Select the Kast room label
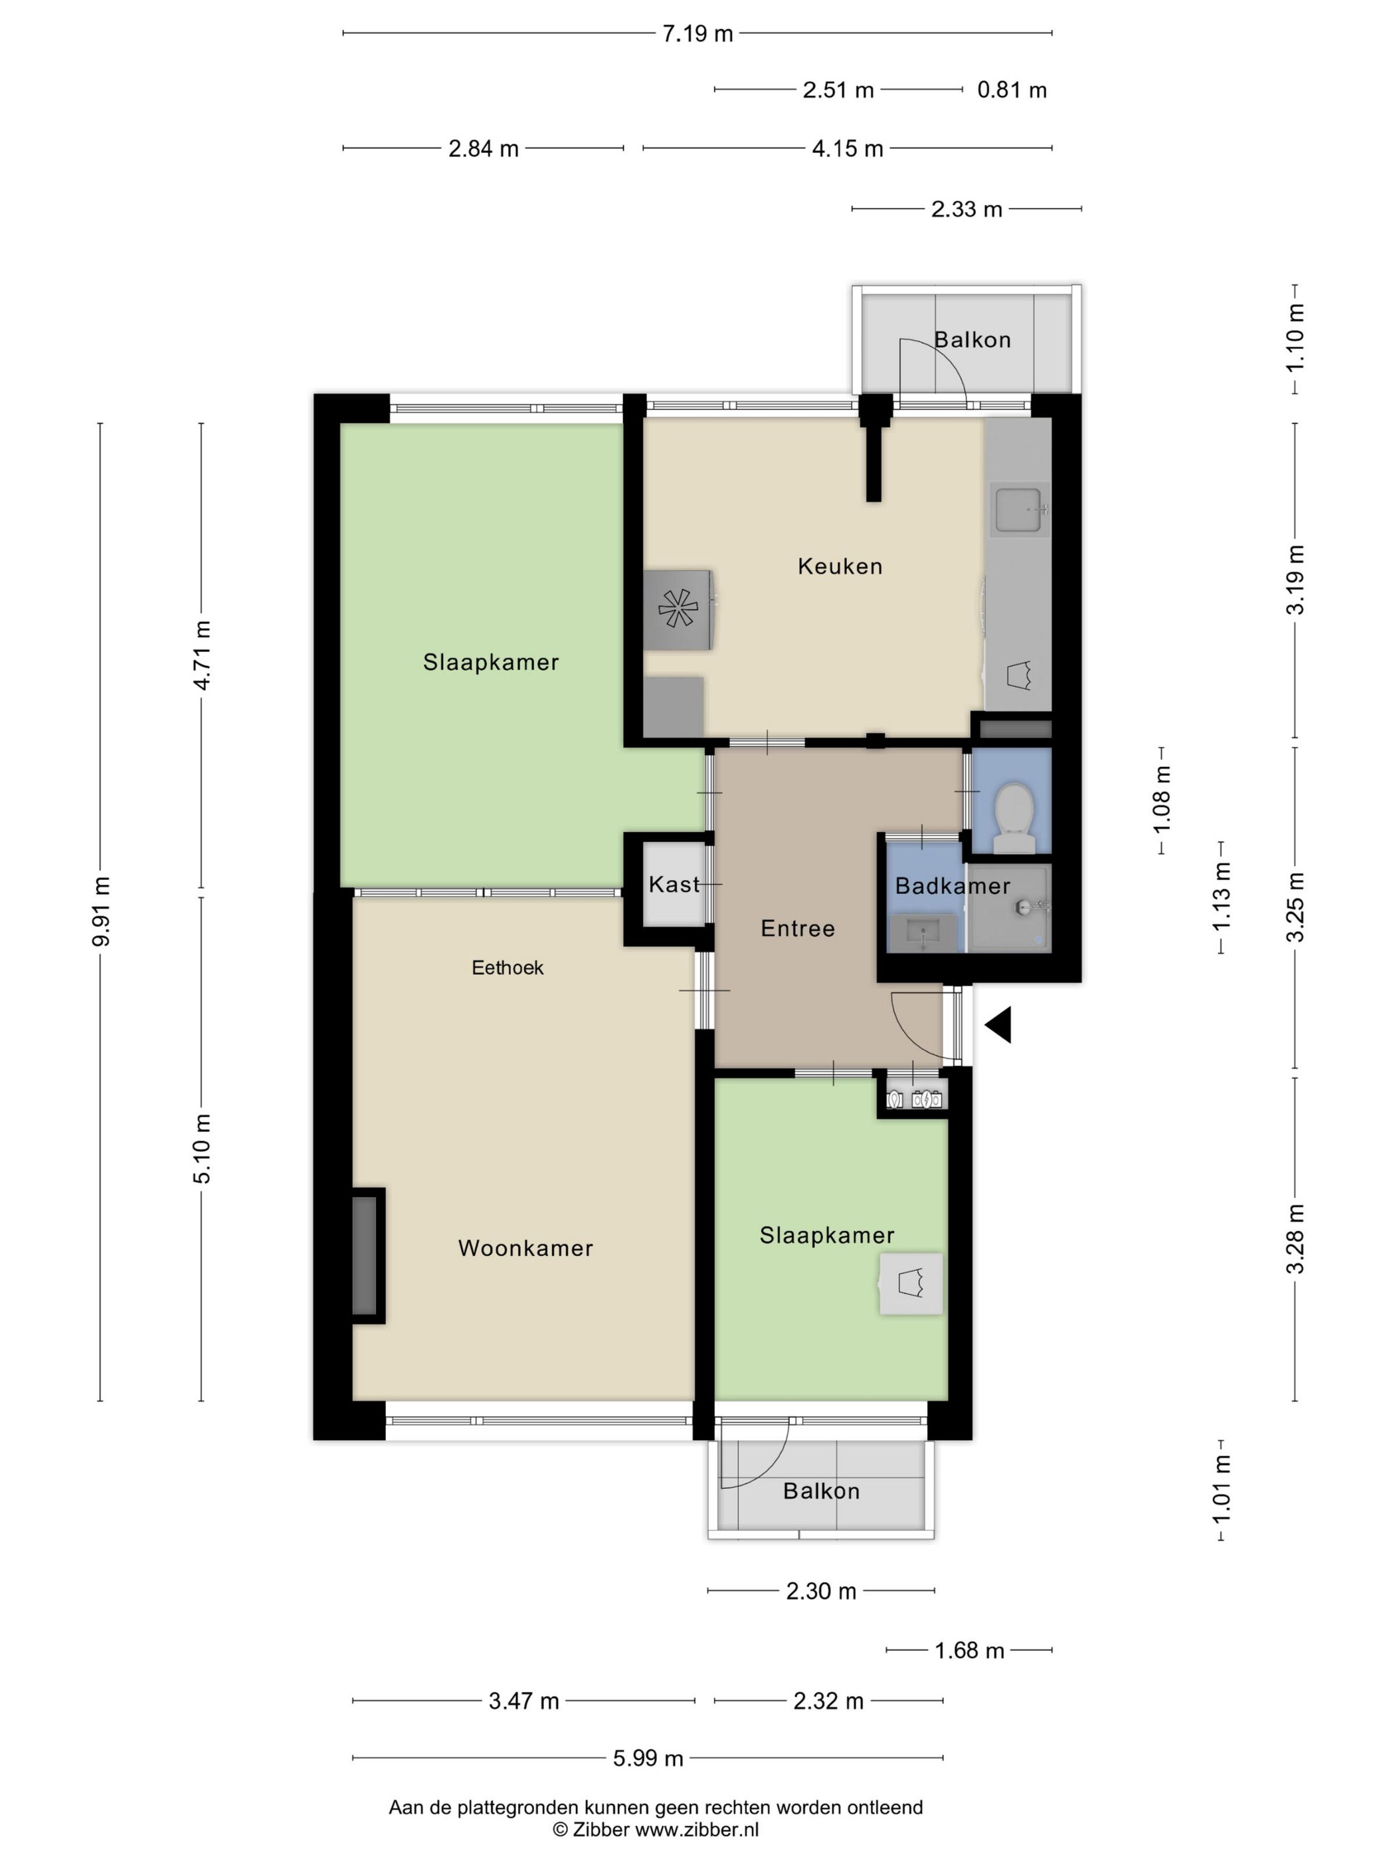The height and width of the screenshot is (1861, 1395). click(674, 884)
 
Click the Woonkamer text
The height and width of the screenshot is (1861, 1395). click(525, 1248)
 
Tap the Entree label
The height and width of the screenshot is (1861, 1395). click(798, 928)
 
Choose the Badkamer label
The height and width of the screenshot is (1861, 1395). click(953, 885)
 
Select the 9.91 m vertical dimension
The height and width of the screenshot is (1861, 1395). click(101, 911)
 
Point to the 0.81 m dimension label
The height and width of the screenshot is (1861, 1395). click(1012, 90)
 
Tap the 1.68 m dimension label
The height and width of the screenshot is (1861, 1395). click(969, 1650)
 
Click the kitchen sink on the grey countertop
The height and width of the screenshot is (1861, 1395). click(1020, 509)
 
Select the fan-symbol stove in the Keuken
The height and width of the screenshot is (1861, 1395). click(678, 610)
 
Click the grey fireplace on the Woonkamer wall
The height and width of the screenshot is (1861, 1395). click(367, 1256)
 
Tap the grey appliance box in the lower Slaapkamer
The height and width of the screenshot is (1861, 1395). click(911, 1283)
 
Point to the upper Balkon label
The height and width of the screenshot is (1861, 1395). click(973, 340)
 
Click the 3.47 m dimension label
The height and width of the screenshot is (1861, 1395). click(524, 1700)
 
